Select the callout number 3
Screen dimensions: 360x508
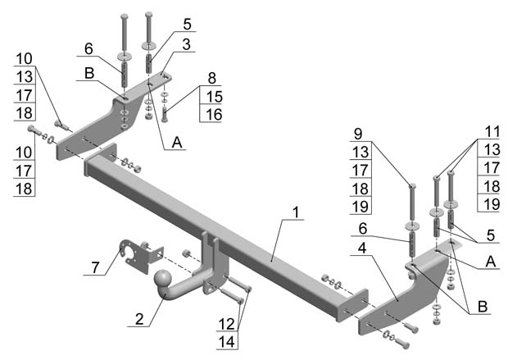coord(187,44)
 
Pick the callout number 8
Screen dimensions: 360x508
coord(211,80)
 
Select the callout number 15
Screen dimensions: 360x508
coord(211,97)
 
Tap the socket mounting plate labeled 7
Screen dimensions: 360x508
coord(136,254)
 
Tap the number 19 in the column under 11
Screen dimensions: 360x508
coord(492,204)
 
